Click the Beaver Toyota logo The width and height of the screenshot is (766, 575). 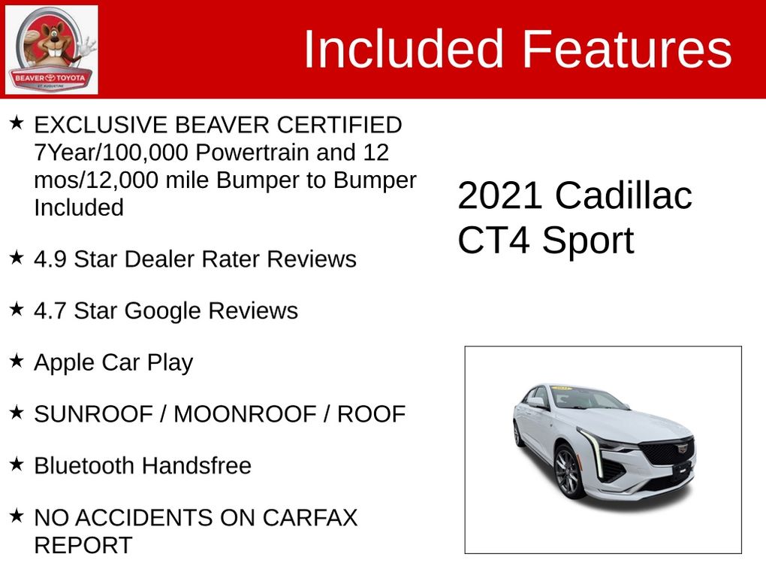51,50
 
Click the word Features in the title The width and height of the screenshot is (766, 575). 627,49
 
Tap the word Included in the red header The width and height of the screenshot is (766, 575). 403,49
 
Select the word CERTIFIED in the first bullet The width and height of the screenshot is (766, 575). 339,125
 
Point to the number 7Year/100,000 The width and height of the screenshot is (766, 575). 111,153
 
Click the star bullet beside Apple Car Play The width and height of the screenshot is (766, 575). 17,361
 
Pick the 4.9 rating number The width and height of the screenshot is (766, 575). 50,259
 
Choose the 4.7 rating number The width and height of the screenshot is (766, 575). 50,310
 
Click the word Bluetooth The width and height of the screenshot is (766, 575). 84,465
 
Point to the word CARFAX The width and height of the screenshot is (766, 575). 309,518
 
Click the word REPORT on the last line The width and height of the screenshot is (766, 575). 83,545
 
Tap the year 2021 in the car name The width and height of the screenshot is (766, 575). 499,195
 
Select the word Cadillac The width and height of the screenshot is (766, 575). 623,195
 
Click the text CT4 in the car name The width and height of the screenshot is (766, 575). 493,240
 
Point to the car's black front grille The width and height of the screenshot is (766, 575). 668,452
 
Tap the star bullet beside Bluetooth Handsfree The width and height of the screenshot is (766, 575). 17,464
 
